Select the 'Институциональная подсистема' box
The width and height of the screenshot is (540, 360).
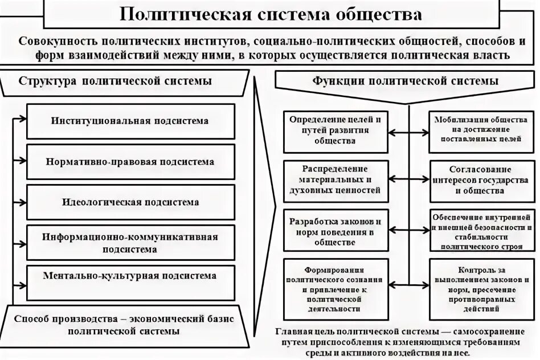130,121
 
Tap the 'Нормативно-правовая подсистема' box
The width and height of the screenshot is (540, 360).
130,162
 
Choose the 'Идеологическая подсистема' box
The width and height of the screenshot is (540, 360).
130,202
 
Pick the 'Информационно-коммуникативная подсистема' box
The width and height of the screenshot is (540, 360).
130,243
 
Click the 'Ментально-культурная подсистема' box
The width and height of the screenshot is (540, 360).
130,276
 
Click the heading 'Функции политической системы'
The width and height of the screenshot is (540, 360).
406,81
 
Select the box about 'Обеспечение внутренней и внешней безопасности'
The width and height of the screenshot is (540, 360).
483,231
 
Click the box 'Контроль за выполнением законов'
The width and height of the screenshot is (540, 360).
483,287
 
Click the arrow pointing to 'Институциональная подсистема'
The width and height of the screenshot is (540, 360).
21,119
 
